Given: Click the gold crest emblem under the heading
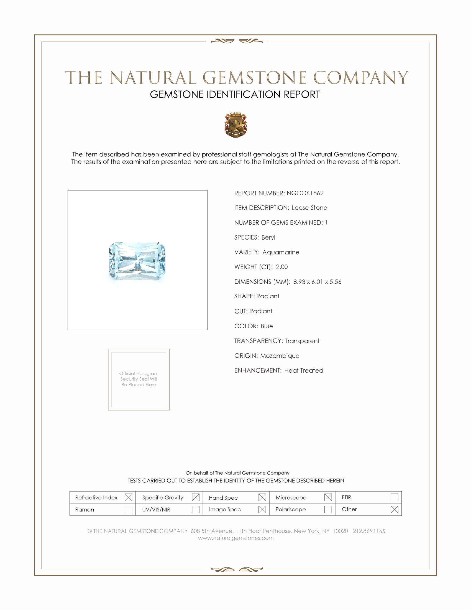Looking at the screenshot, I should click(236, 125).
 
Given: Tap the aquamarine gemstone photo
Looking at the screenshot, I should click(137, 261).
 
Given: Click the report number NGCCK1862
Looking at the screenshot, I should click(305, 193).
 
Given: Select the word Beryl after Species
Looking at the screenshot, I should click(268, 237).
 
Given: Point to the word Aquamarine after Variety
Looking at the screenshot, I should click(281, 252).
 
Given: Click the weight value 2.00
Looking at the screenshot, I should click(281, 267).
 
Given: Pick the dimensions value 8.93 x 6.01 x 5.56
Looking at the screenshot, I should click(317, 282).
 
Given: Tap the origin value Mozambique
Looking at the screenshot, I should click(280, 356).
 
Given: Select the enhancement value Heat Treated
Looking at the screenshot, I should click(304, 371).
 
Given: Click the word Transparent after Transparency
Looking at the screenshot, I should click(302, 341).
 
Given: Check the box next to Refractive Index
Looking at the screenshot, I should click(128, 497).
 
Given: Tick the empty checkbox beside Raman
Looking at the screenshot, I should click(128, 509).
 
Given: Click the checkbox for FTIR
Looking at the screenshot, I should click(394, 497).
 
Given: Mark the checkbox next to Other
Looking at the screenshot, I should click(394, 509).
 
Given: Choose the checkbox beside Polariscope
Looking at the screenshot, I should click(328, 509).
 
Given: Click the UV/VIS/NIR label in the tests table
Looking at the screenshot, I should click(156, 510).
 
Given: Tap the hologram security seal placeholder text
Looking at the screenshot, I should click(139, 379).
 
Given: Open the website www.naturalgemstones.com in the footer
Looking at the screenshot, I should click(236, 538).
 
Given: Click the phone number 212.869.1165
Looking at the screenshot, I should click(369, 531).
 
